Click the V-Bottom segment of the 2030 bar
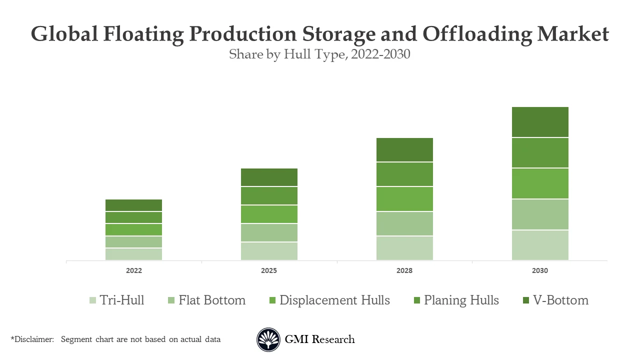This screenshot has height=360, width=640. click(x=540, y=122)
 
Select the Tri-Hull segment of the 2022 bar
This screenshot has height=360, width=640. click(x=133, y=254)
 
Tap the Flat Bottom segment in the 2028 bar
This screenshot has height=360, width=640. click(x=404, y=223)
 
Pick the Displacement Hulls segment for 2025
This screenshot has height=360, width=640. click(x=269, y=214)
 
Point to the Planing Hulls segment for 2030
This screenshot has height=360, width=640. click(x=540, y=152)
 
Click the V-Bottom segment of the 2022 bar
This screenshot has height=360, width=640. click(x=133, y=205)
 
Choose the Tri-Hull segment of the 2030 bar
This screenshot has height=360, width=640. click(x=540, y=245)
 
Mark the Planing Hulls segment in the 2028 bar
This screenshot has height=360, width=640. click(x=404, y=174)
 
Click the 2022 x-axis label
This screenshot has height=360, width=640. click(x=133, y=270)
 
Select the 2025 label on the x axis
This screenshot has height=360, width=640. click(x=269, y=270)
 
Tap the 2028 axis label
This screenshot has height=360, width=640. click(x=404, y=270)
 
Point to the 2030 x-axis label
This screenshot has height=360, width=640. click(x=540, y=270)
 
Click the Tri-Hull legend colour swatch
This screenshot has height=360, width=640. click(x=92, y=300)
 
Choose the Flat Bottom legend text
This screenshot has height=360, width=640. click(x=212, y=300)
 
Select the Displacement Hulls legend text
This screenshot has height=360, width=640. click(x=334, y=300)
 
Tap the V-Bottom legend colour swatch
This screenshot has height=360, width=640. click(x=525, y=300)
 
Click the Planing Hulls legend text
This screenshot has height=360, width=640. click(x=461, y=300)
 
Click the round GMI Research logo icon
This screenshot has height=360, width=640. click(x=268, y=339)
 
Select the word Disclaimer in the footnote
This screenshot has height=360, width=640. click(x=33, y=339)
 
